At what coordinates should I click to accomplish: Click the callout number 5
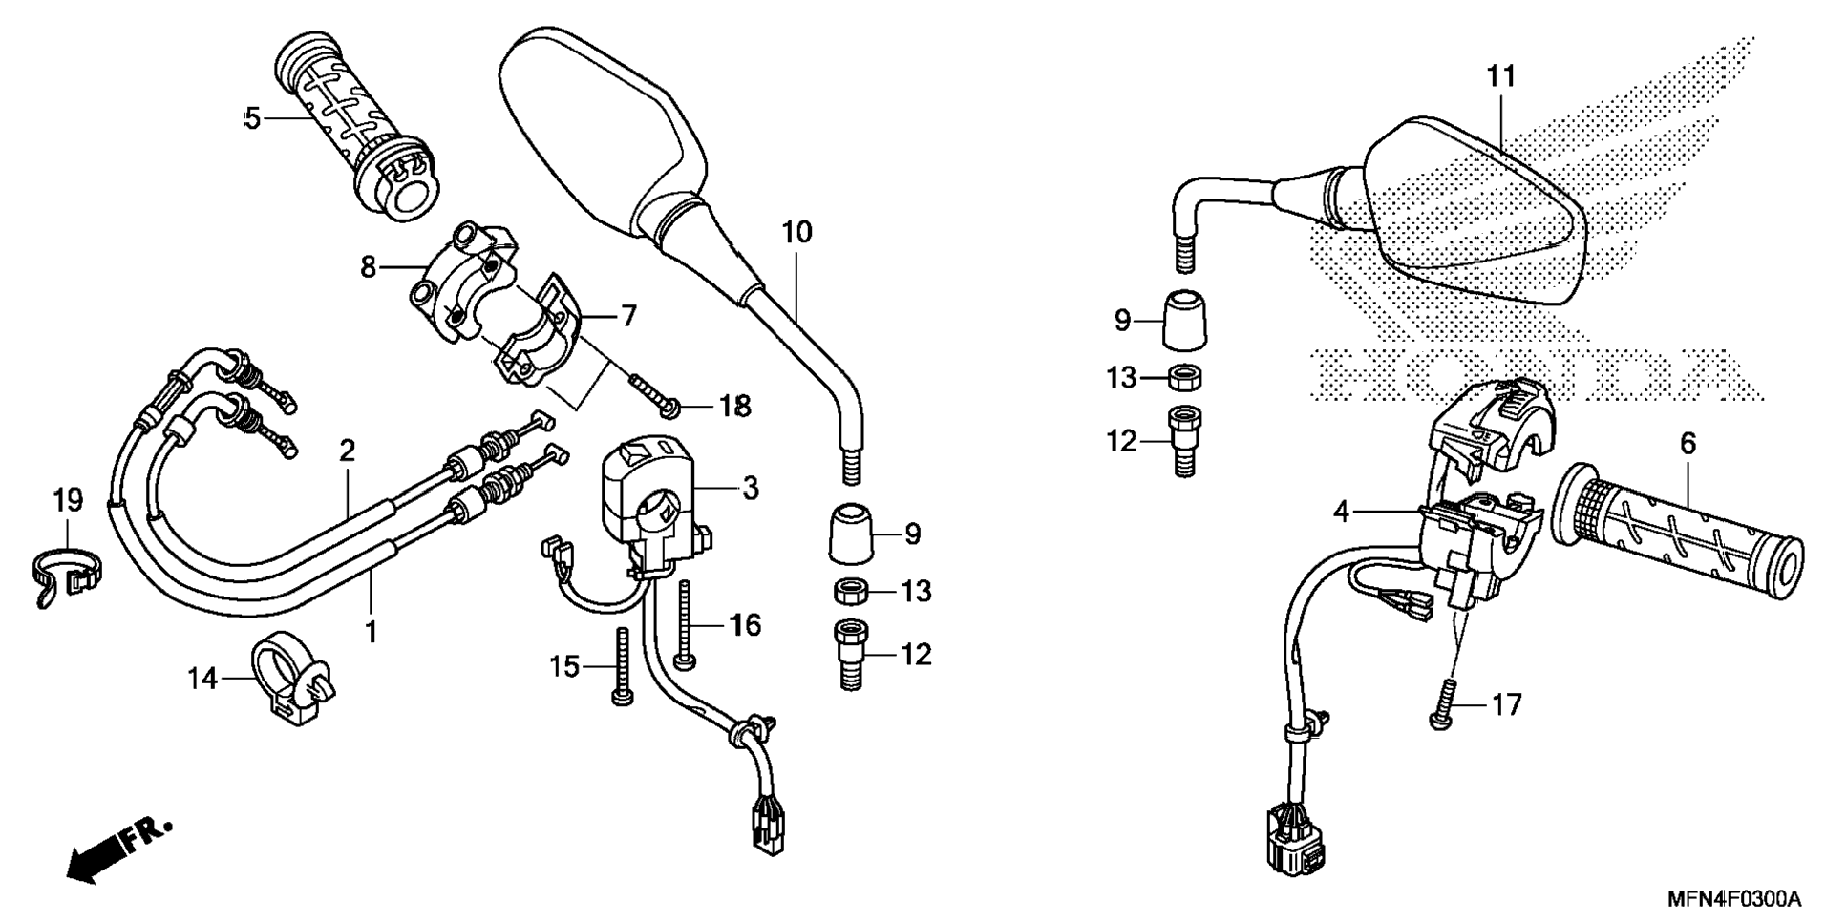252,119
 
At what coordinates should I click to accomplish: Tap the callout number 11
1501,76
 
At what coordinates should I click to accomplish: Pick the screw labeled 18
654,394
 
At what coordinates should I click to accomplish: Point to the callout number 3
751,489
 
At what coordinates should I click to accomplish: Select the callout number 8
369,268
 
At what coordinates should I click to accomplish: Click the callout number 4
1342,513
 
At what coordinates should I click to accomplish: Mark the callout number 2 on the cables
347,451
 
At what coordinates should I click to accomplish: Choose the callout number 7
628,316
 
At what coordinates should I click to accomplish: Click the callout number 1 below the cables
372,632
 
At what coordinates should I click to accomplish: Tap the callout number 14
202,680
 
